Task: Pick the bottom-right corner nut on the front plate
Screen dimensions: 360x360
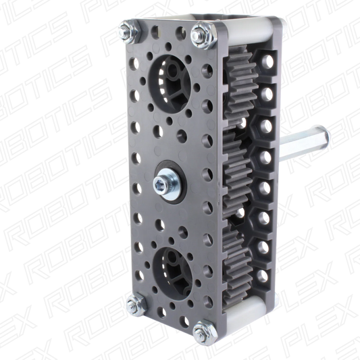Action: pyautogui.click(x=201, y=331)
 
